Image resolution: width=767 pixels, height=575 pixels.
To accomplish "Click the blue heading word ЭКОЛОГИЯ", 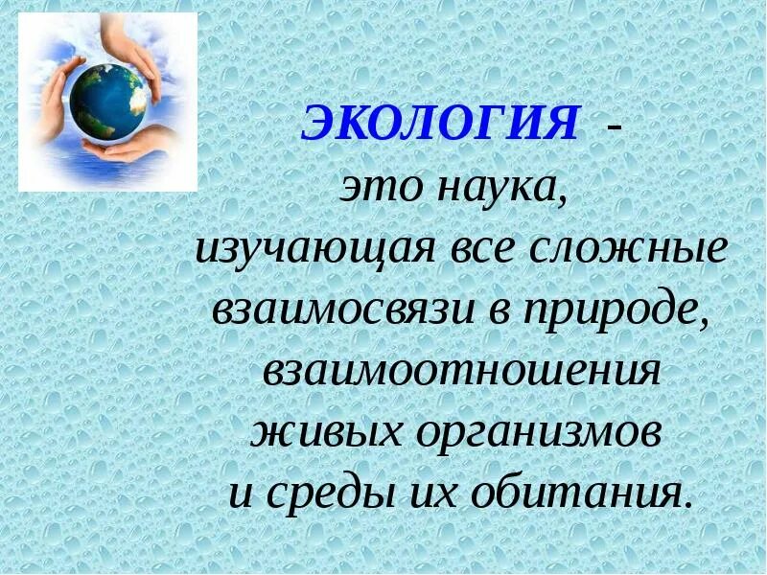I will tap(442, 125).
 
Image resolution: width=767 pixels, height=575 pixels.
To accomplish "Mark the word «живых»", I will tap(325, 433).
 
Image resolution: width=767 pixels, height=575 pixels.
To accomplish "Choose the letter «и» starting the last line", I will tap(243, 496).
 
